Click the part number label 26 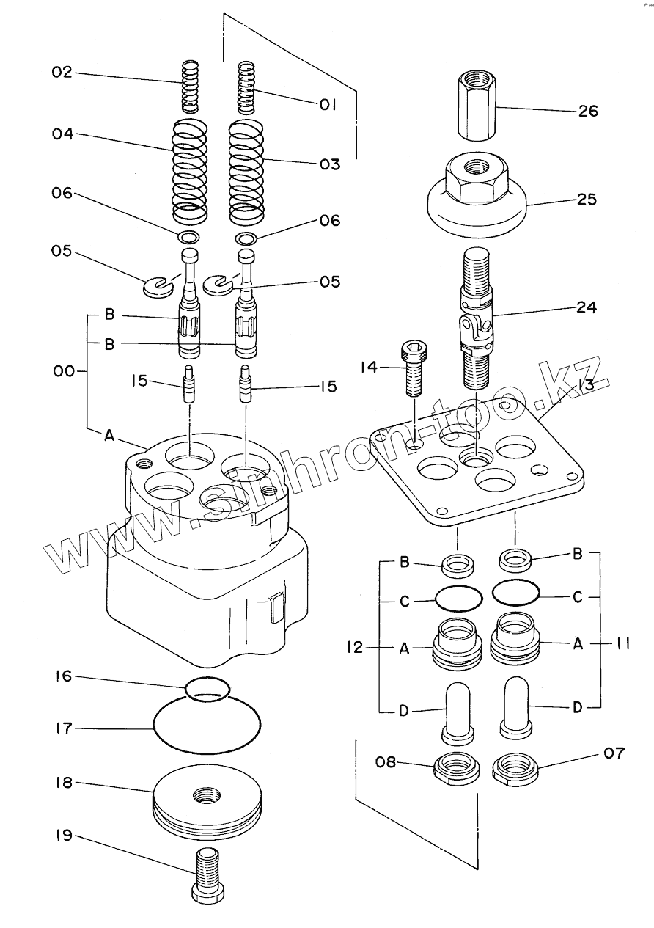[588, 112]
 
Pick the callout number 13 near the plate [584, 384]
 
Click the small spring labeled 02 [191, 86]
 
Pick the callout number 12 [354, 648]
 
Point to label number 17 [63, 728]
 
